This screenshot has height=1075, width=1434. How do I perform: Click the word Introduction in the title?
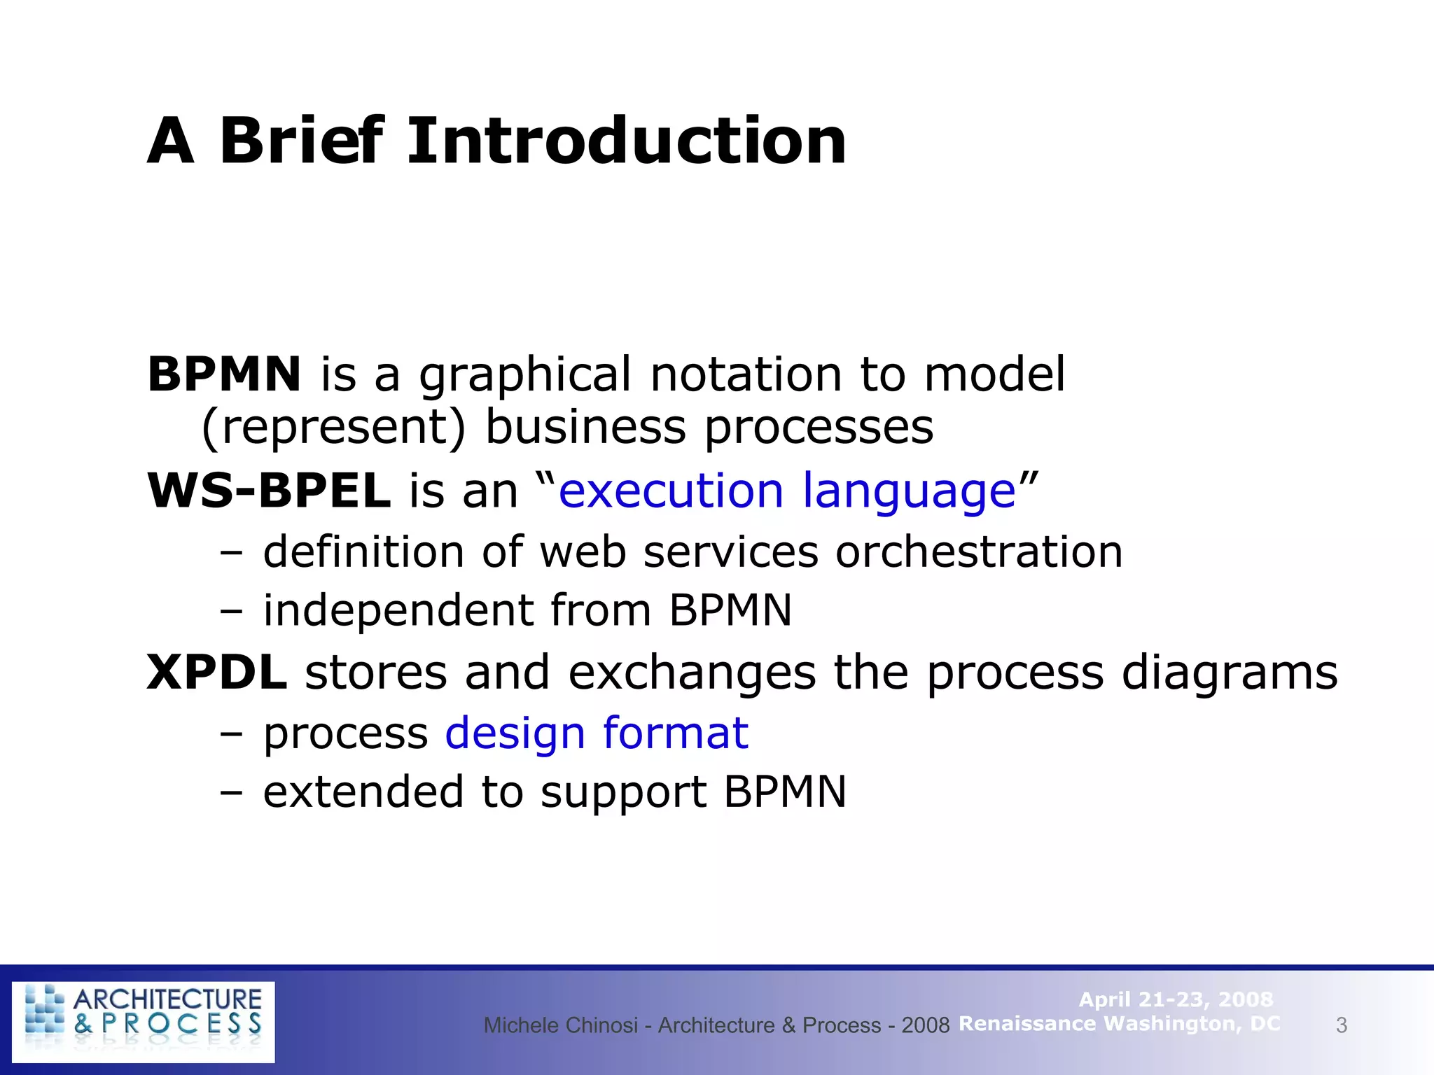coord(627,141)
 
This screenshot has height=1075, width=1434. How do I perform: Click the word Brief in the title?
coord(302,141)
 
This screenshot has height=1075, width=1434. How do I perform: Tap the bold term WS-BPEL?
coord(269,491)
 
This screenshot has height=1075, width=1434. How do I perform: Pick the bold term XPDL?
coord(217,673)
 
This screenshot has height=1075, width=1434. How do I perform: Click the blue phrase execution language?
coord(787,491)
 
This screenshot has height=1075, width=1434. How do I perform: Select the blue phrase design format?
coord(597,733)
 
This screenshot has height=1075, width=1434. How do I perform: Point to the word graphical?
coord(525,375)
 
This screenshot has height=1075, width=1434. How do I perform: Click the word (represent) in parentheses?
coord(333,427)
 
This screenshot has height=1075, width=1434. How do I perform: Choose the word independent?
coord(398,610)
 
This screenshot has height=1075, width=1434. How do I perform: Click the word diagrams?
coord(1230,673)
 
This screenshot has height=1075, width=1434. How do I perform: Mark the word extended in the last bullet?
coord(363,792)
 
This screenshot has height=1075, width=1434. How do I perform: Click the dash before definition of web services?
coord(231,553)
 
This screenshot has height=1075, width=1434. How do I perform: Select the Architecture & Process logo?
coord(144,1021)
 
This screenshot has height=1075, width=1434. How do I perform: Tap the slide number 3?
coord(1341,1025)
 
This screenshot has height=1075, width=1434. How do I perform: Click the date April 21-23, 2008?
coord(1176,999)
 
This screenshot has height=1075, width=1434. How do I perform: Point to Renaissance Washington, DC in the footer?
coord(1119,1024)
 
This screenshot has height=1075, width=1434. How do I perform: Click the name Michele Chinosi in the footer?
coord(560,1025)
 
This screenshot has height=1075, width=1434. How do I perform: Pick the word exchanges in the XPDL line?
coord(692,673)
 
